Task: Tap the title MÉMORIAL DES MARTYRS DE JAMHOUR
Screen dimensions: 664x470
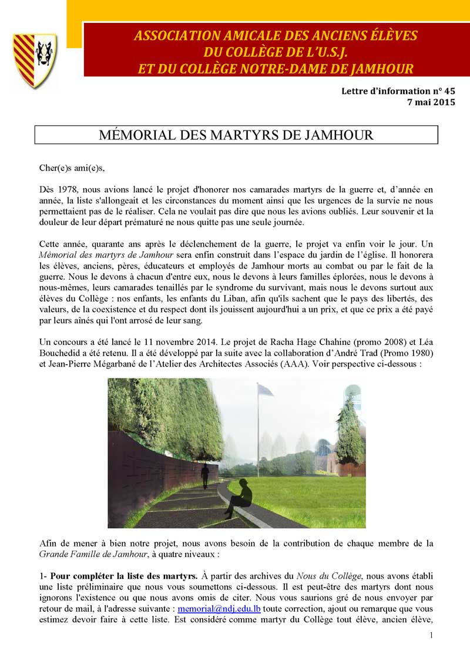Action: click(x=237, y=135)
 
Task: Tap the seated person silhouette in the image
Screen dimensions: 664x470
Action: click(x=241, y=497)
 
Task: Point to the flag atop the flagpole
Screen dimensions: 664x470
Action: click(x=265, y=391)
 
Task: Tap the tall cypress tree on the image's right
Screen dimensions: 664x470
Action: click(x=351, y=435)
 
